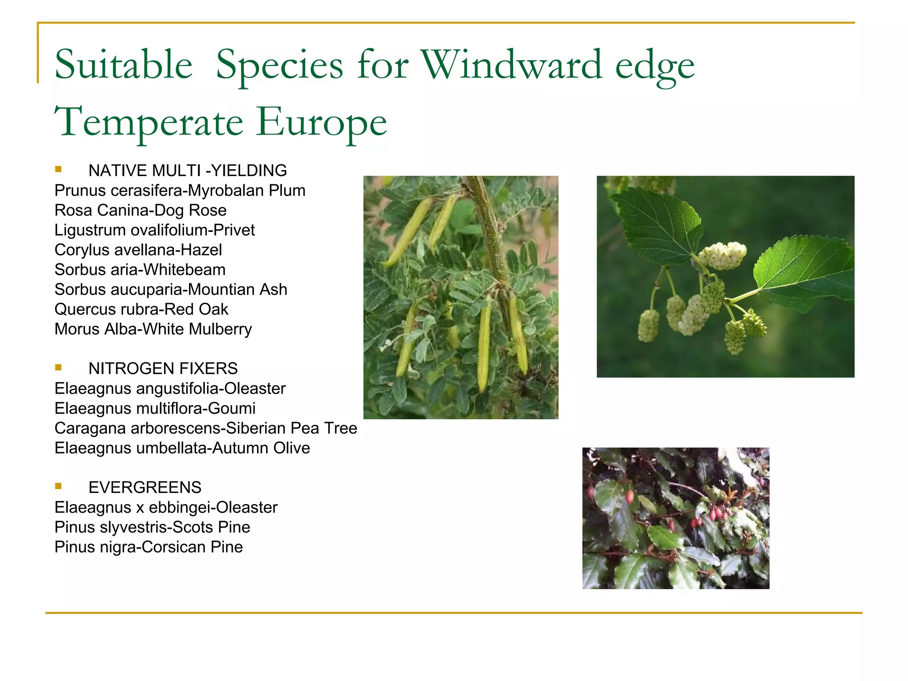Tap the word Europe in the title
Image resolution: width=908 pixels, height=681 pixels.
(321, 122)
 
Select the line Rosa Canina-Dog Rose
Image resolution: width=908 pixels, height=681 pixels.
(140, 210)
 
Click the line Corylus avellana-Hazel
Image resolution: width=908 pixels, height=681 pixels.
(138, 250)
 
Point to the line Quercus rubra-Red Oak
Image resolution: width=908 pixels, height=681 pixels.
(141, 309)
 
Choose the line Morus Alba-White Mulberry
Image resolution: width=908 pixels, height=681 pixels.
(153, 329)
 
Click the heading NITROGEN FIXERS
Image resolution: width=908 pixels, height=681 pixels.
(163, 368)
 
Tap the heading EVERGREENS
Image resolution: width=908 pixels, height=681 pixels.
(145, 487)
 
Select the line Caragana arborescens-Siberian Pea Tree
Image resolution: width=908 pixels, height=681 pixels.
(206, 428)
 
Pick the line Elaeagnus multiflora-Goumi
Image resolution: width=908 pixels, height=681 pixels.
(155, 408)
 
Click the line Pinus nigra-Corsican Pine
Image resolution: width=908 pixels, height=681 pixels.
(149, 547)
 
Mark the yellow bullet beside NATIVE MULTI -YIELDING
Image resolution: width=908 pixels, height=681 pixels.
(59, 169)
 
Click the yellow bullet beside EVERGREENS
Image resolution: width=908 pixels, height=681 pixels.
(59, 486)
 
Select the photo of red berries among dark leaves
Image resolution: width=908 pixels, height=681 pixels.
(675, 518)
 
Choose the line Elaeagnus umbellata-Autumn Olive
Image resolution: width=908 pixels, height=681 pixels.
(182, 448)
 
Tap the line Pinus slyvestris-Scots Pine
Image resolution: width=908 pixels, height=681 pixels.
(152, 527)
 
